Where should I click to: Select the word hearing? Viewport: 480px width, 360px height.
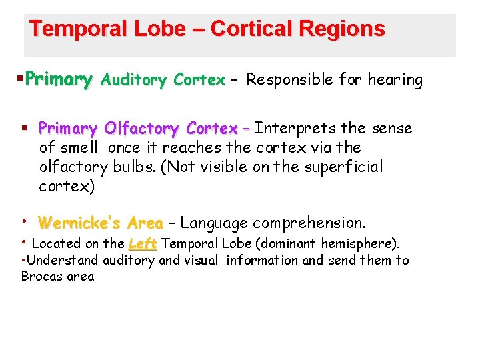tap(396, 81)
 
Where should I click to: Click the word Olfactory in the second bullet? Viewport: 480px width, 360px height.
tap(142, 128)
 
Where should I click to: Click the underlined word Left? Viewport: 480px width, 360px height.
tap(143, 244)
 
